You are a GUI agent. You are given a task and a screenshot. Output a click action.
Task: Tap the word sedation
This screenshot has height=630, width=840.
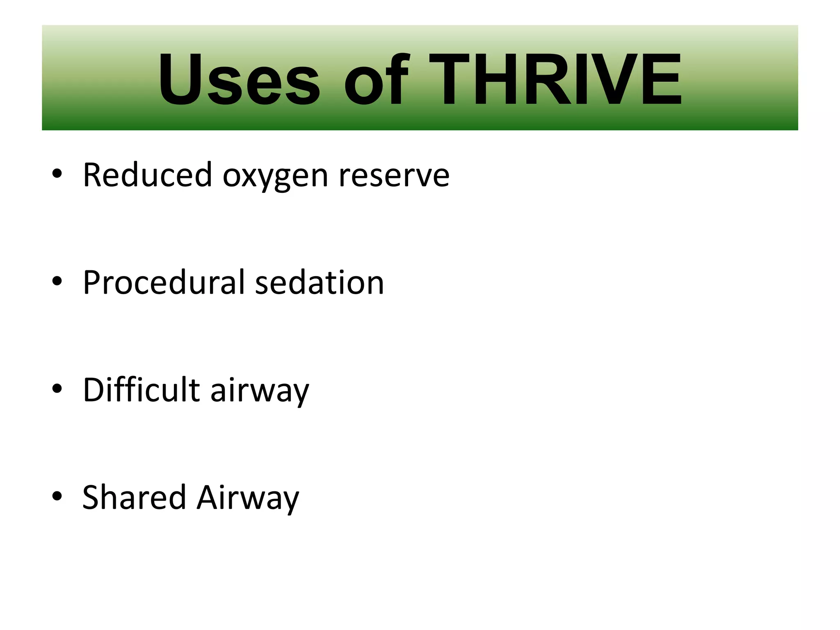(x=320, y=283)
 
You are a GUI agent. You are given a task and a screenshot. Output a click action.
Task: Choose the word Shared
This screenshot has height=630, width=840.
(x=134, y=497)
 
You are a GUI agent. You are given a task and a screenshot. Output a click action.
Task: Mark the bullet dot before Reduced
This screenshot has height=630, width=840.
(x=57, y=174)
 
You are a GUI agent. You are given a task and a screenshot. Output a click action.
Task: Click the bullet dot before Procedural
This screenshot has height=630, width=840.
(x=57, y=281)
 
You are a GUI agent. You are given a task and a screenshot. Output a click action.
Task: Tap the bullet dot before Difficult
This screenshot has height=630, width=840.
(x=57, y=388)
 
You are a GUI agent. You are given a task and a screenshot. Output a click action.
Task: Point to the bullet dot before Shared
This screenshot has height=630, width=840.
(x=57, y=496)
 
